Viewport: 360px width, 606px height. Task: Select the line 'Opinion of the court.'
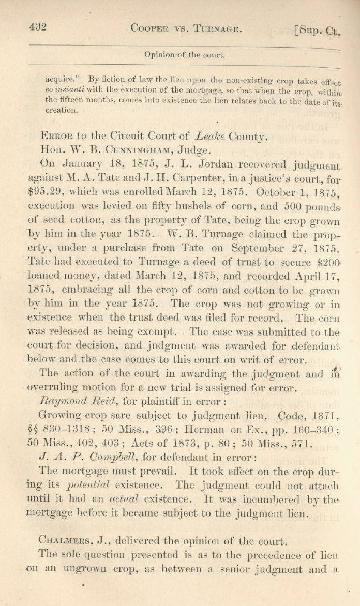[x=185, y=54]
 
